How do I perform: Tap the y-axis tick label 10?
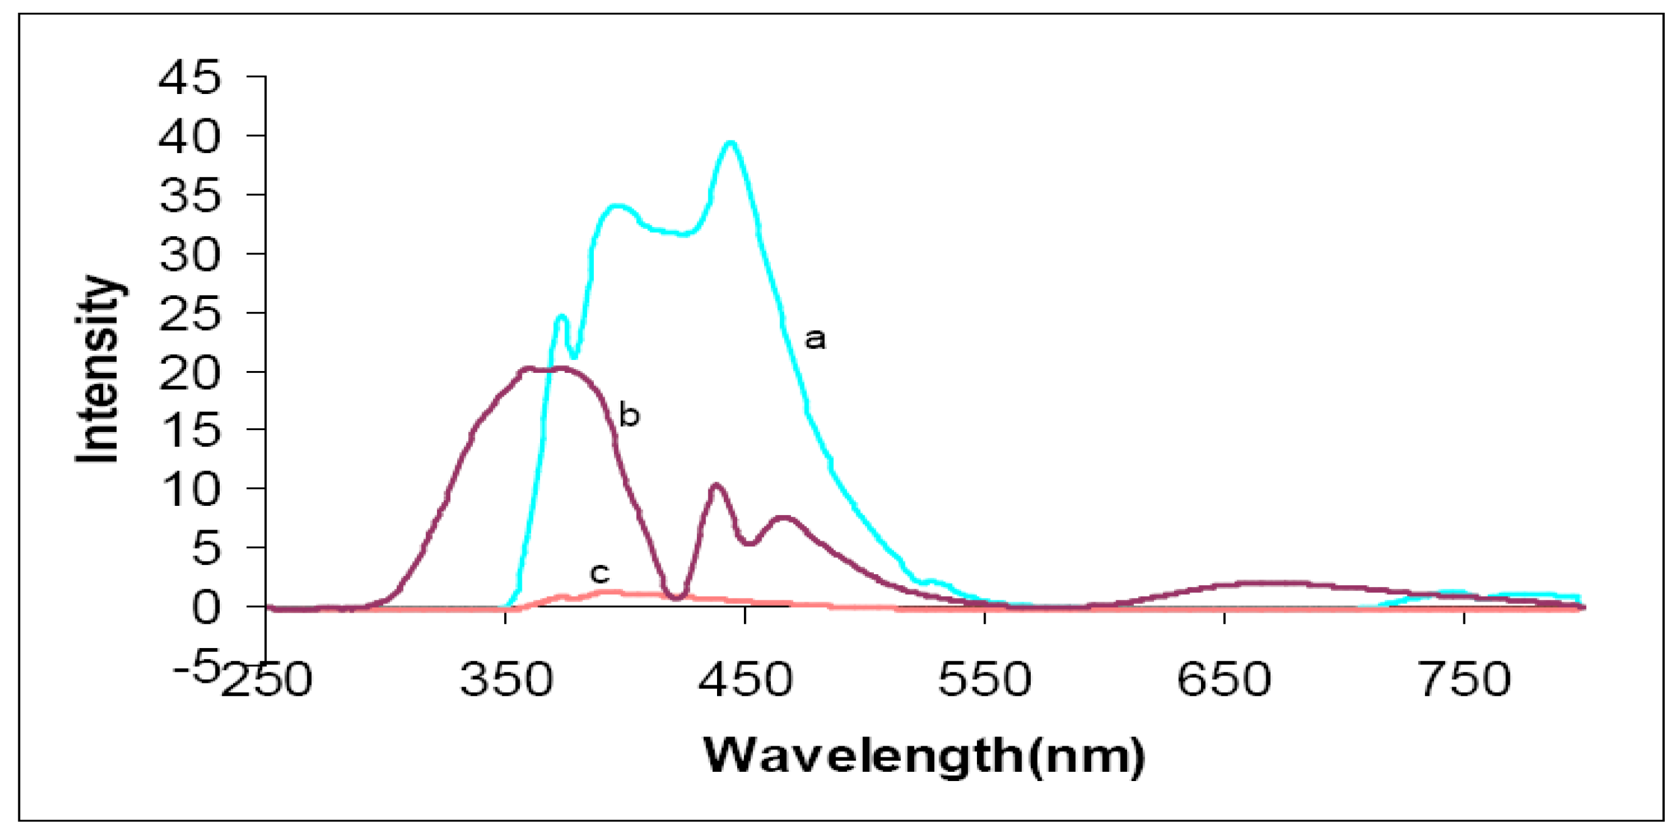(190, 489)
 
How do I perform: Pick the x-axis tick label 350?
(506, 679)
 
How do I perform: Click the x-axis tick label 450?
(746, 679)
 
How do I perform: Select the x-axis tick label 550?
(985, 679)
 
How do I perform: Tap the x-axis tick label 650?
(1224, 679)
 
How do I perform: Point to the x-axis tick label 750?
(1465, 679)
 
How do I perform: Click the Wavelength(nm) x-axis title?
(924, 756)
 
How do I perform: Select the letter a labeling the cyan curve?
(815, 339)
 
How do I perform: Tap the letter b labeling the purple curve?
(629, 416)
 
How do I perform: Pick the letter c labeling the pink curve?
(599, 573)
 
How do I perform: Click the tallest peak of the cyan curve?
(731, 143)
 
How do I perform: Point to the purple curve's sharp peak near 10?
(715, 486)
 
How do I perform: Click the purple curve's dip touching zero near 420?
(677, 596)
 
